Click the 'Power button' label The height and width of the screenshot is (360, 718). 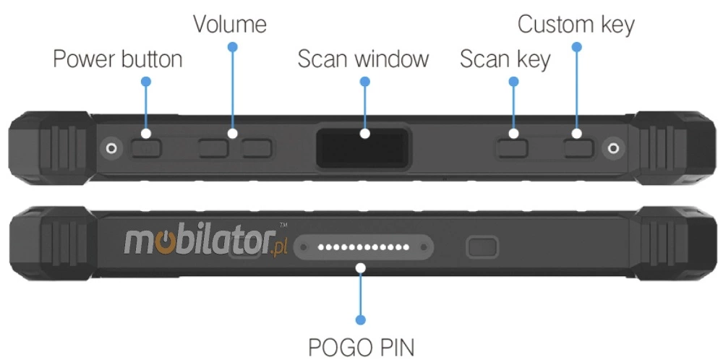pos(117,59)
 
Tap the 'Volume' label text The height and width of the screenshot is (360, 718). pos(229,24)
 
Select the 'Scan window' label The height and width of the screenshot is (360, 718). pos(363,59)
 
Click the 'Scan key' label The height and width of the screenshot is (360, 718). pos(505,59)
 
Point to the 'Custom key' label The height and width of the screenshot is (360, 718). pos(576,24)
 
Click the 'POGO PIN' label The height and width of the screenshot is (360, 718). pos(361,346)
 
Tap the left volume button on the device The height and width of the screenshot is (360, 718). pos(215,148)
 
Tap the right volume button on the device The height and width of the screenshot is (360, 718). pos(257,148)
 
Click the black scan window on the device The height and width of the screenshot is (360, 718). pos(364,144)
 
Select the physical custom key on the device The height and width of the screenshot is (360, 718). pos(578,148)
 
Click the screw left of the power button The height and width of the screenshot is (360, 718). pos(111,147)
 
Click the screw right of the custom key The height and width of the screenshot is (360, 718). pos(614,148)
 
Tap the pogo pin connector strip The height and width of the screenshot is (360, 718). pos(365,248)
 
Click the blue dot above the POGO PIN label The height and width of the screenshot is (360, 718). pos(361,319)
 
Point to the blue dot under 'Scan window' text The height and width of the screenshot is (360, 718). pos(364,82)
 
